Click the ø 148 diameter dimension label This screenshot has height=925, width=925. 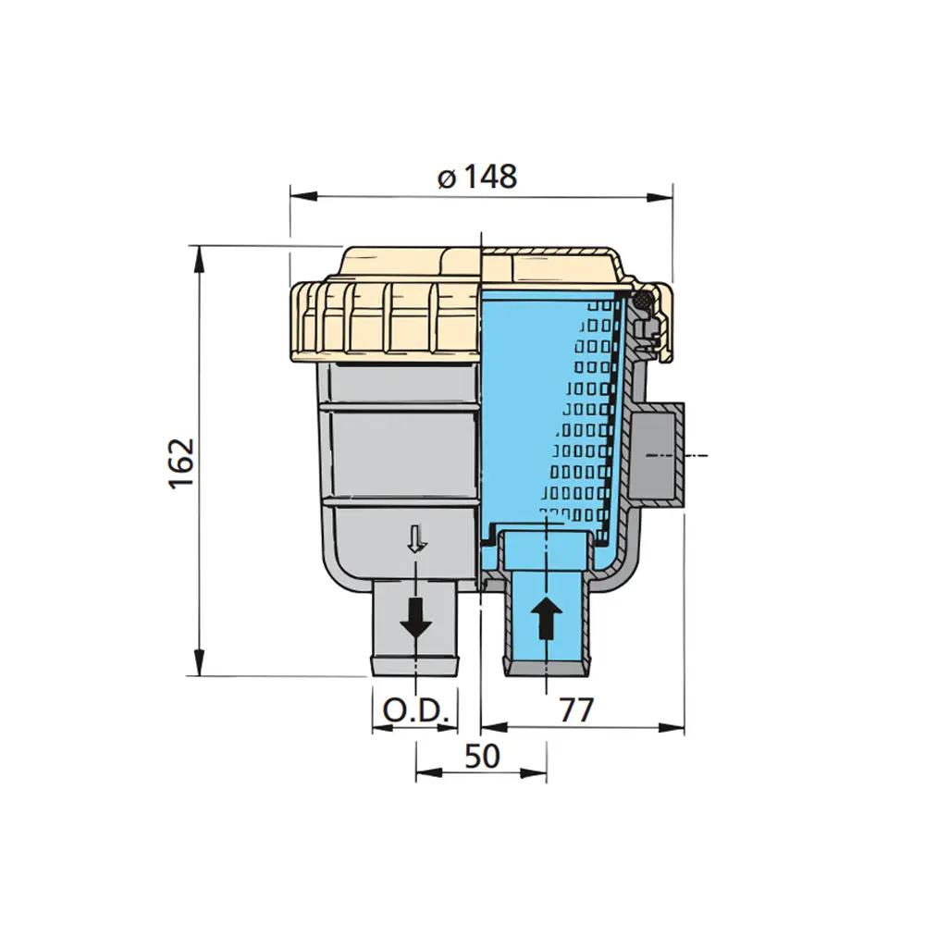[x=478, y=177]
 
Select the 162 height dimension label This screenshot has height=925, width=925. [x=181, y=463]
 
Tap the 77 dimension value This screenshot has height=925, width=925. [x=575, y=710]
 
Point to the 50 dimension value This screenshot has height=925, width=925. [x=482, y=757]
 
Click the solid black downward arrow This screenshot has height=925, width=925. [x=416, y=617]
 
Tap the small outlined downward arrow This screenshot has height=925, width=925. [x=417, y=539]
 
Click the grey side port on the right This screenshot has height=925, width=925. [x=658, y=454]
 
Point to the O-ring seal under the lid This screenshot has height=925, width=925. [x=639, y=300]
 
